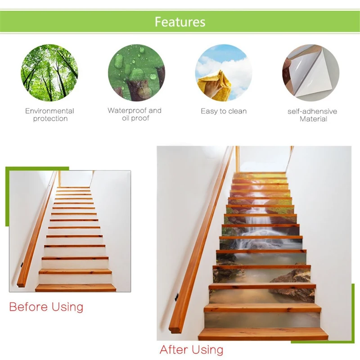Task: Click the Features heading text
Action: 180,22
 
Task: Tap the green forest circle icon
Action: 49,72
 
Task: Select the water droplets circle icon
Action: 136,72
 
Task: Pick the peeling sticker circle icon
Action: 310,72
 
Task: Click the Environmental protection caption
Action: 49,115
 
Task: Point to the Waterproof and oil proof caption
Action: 135,114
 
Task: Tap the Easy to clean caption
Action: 224,111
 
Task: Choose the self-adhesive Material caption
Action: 312,115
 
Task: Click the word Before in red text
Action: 28,307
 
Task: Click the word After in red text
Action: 174,350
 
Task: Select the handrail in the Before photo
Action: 38,229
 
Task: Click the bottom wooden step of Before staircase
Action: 76,287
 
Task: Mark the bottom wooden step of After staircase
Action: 263,333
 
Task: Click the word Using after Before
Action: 67,307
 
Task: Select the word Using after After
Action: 207,350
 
